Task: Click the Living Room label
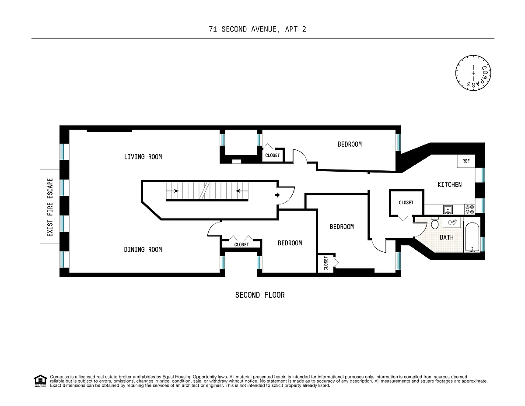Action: click(143, 157)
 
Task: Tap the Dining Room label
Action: click(143, 250)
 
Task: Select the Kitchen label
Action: click(449, 185)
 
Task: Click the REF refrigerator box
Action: click(466, 161)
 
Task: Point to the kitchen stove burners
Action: click(469, 209)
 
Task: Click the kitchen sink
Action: click(448, 209)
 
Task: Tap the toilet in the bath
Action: click(434, 222)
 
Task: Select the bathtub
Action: click(472, 237)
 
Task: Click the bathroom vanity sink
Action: click(452, 222)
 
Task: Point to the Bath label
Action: click(447, 237)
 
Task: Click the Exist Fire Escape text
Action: click(50, 207)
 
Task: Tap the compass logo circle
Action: click(473, 73)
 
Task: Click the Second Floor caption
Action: click(260, 295)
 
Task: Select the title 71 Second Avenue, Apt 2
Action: click(257, 29)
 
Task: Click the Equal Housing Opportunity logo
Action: click(40, 381)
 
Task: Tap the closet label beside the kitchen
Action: click(406, 203)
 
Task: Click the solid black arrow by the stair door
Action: click(277, 195)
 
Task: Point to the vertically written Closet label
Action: click(325, 263)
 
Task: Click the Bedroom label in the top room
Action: click(350, 145)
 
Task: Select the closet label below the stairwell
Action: click(241, 245)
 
